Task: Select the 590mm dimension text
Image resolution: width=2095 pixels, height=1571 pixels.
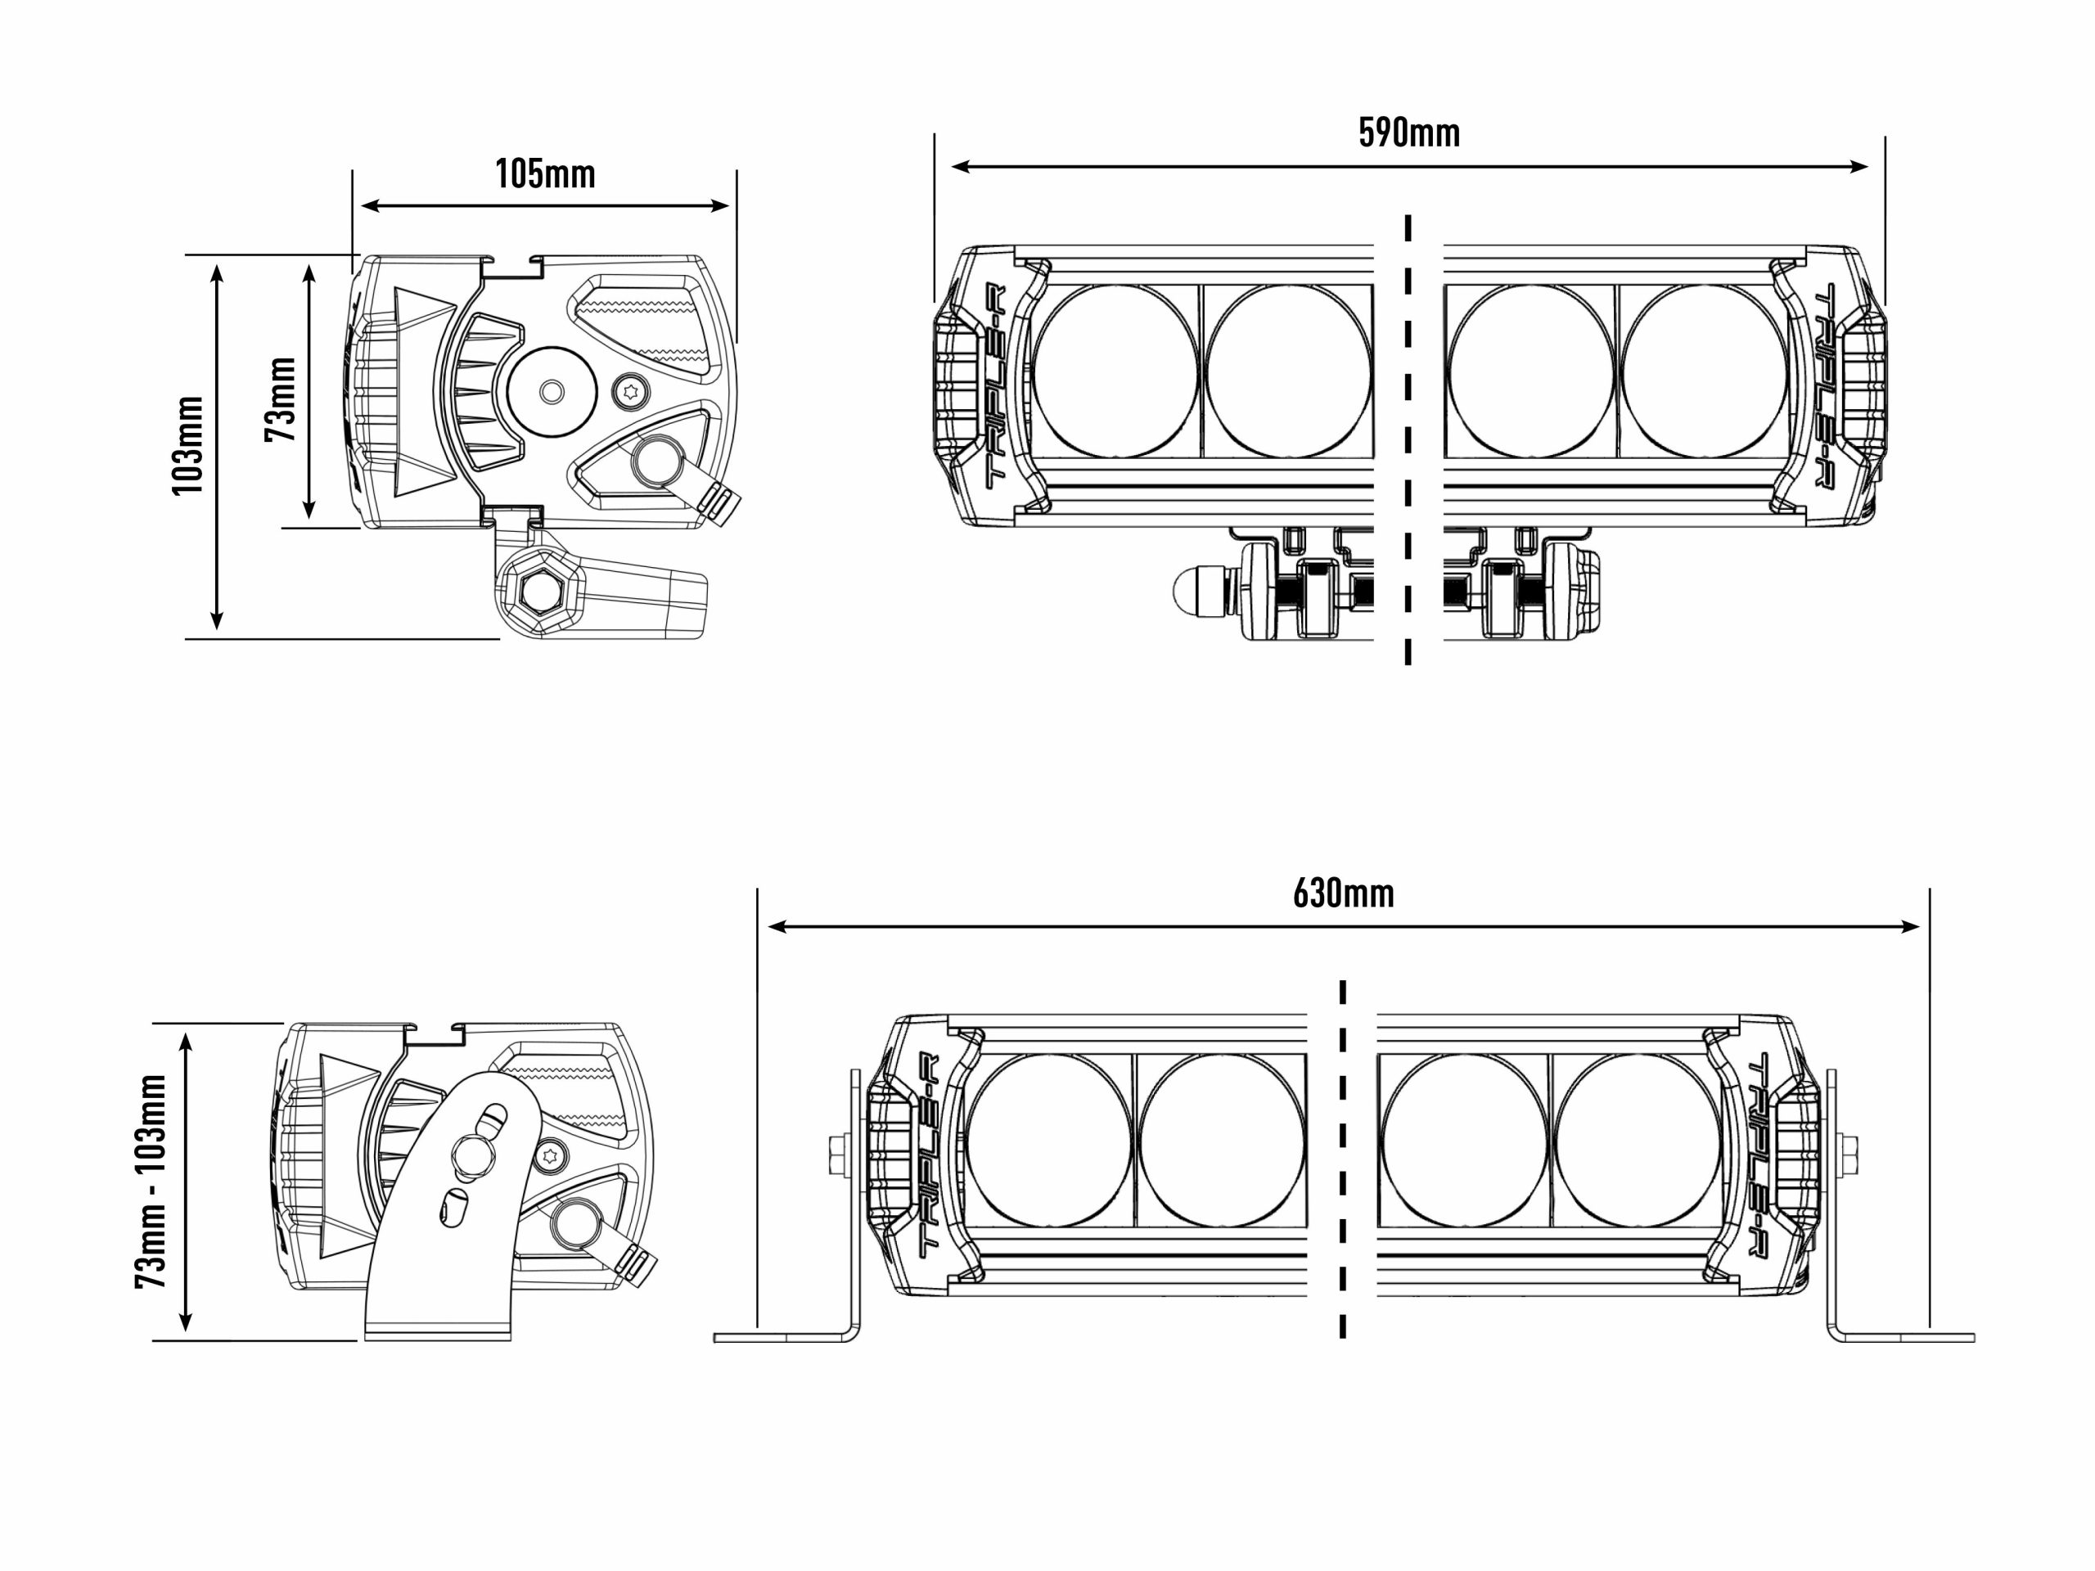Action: (x=1408, y=133)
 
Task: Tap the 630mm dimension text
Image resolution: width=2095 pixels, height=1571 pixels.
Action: (x=1343, y=893)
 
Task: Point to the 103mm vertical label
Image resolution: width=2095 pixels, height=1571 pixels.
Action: (x=188, y=444)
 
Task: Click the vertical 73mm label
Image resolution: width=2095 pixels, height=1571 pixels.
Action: (x=282, y=398)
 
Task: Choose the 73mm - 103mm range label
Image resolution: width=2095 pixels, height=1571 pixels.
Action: (x=151, y=1180)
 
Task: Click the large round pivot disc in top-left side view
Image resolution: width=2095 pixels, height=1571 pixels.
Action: (x=552, y=390)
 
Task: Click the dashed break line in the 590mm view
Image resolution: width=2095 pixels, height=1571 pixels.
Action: (x=1408, y=440)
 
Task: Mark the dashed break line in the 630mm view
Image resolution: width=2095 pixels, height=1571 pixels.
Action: (x=1343, y=1159)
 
